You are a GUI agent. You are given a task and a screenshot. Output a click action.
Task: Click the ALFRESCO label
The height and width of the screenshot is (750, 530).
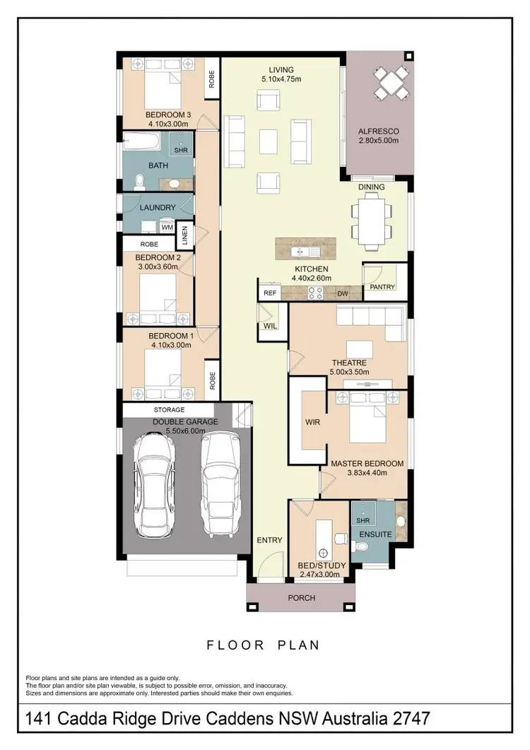[x=379, y=131]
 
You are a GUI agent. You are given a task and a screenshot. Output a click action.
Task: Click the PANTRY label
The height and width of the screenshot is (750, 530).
[x=382, y=287]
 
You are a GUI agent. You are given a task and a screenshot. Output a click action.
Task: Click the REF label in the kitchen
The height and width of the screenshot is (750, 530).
[x=269, y=293]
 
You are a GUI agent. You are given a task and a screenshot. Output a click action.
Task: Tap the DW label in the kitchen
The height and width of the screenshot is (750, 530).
[x=342, y=293]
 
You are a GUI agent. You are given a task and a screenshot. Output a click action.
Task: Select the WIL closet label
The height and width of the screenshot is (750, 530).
[x=269, y=326]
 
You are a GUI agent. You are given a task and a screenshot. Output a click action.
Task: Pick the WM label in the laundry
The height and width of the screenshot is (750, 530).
[x=167, y=228]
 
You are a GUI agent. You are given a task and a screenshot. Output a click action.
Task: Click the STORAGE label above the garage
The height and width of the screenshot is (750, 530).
[x=169, y=409]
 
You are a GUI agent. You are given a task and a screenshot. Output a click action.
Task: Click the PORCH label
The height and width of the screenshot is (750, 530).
[x=302, y=597]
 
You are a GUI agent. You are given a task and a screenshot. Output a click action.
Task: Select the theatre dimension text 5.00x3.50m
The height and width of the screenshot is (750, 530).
[x=350, y=372]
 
